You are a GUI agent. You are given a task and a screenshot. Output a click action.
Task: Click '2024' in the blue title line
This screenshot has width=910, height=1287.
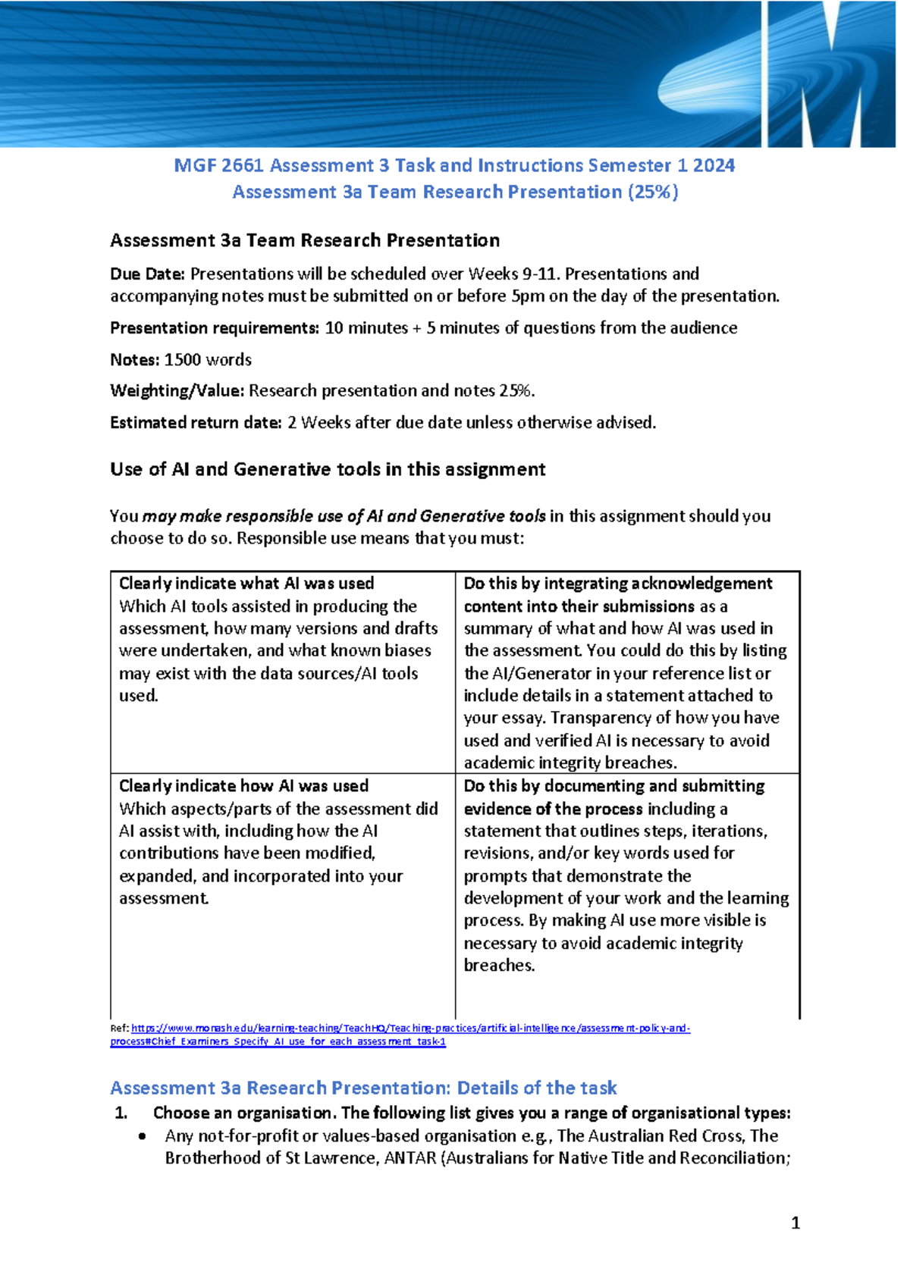pyautogui.click(x=714, y=165)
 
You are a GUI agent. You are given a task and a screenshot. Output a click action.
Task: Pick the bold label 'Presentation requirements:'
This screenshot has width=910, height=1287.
pyautogui.click(x=215, y=327)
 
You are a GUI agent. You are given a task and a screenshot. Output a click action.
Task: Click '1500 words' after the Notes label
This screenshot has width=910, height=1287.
pyautogui.click(x=208, y=359)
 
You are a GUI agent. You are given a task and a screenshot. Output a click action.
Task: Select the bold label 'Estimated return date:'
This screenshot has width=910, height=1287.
pyautogui.click(x=196, y=422)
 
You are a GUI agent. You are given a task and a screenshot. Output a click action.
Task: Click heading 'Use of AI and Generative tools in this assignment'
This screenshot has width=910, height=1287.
pyautogui.click(x=328, y=469)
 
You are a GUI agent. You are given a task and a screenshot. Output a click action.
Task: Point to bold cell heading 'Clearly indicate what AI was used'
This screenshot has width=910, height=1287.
pyautogui.click(x=246, y=583)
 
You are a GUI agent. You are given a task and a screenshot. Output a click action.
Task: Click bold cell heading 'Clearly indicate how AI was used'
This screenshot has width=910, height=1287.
pyautogui.click(x=243, y=785)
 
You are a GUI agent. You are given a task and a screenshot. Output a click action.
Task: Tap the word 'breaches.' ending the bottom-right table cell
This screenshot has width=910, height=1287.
pyautogui.click(x=499, y=965)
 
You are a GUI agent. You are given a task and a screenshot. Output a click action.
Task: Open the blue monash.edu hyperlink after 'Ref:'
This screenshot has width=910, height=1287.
pyautogui.click(x=409, y=1029)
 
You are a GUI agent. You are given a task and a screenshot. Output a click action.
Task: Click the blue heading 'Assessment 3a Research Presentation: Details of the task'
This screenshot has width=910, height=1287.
pyautogui.click(x=363, y=1088)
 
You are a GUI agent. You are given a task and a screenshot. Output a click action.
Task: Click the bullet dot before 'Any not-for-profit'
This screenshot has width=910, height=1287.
pyautogui.click(x=143, y=1136)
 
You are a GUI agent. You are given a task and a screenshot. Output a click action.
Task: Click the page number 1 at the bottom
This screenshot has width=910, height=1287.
pyautogui.click(x=795, y=1223)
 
